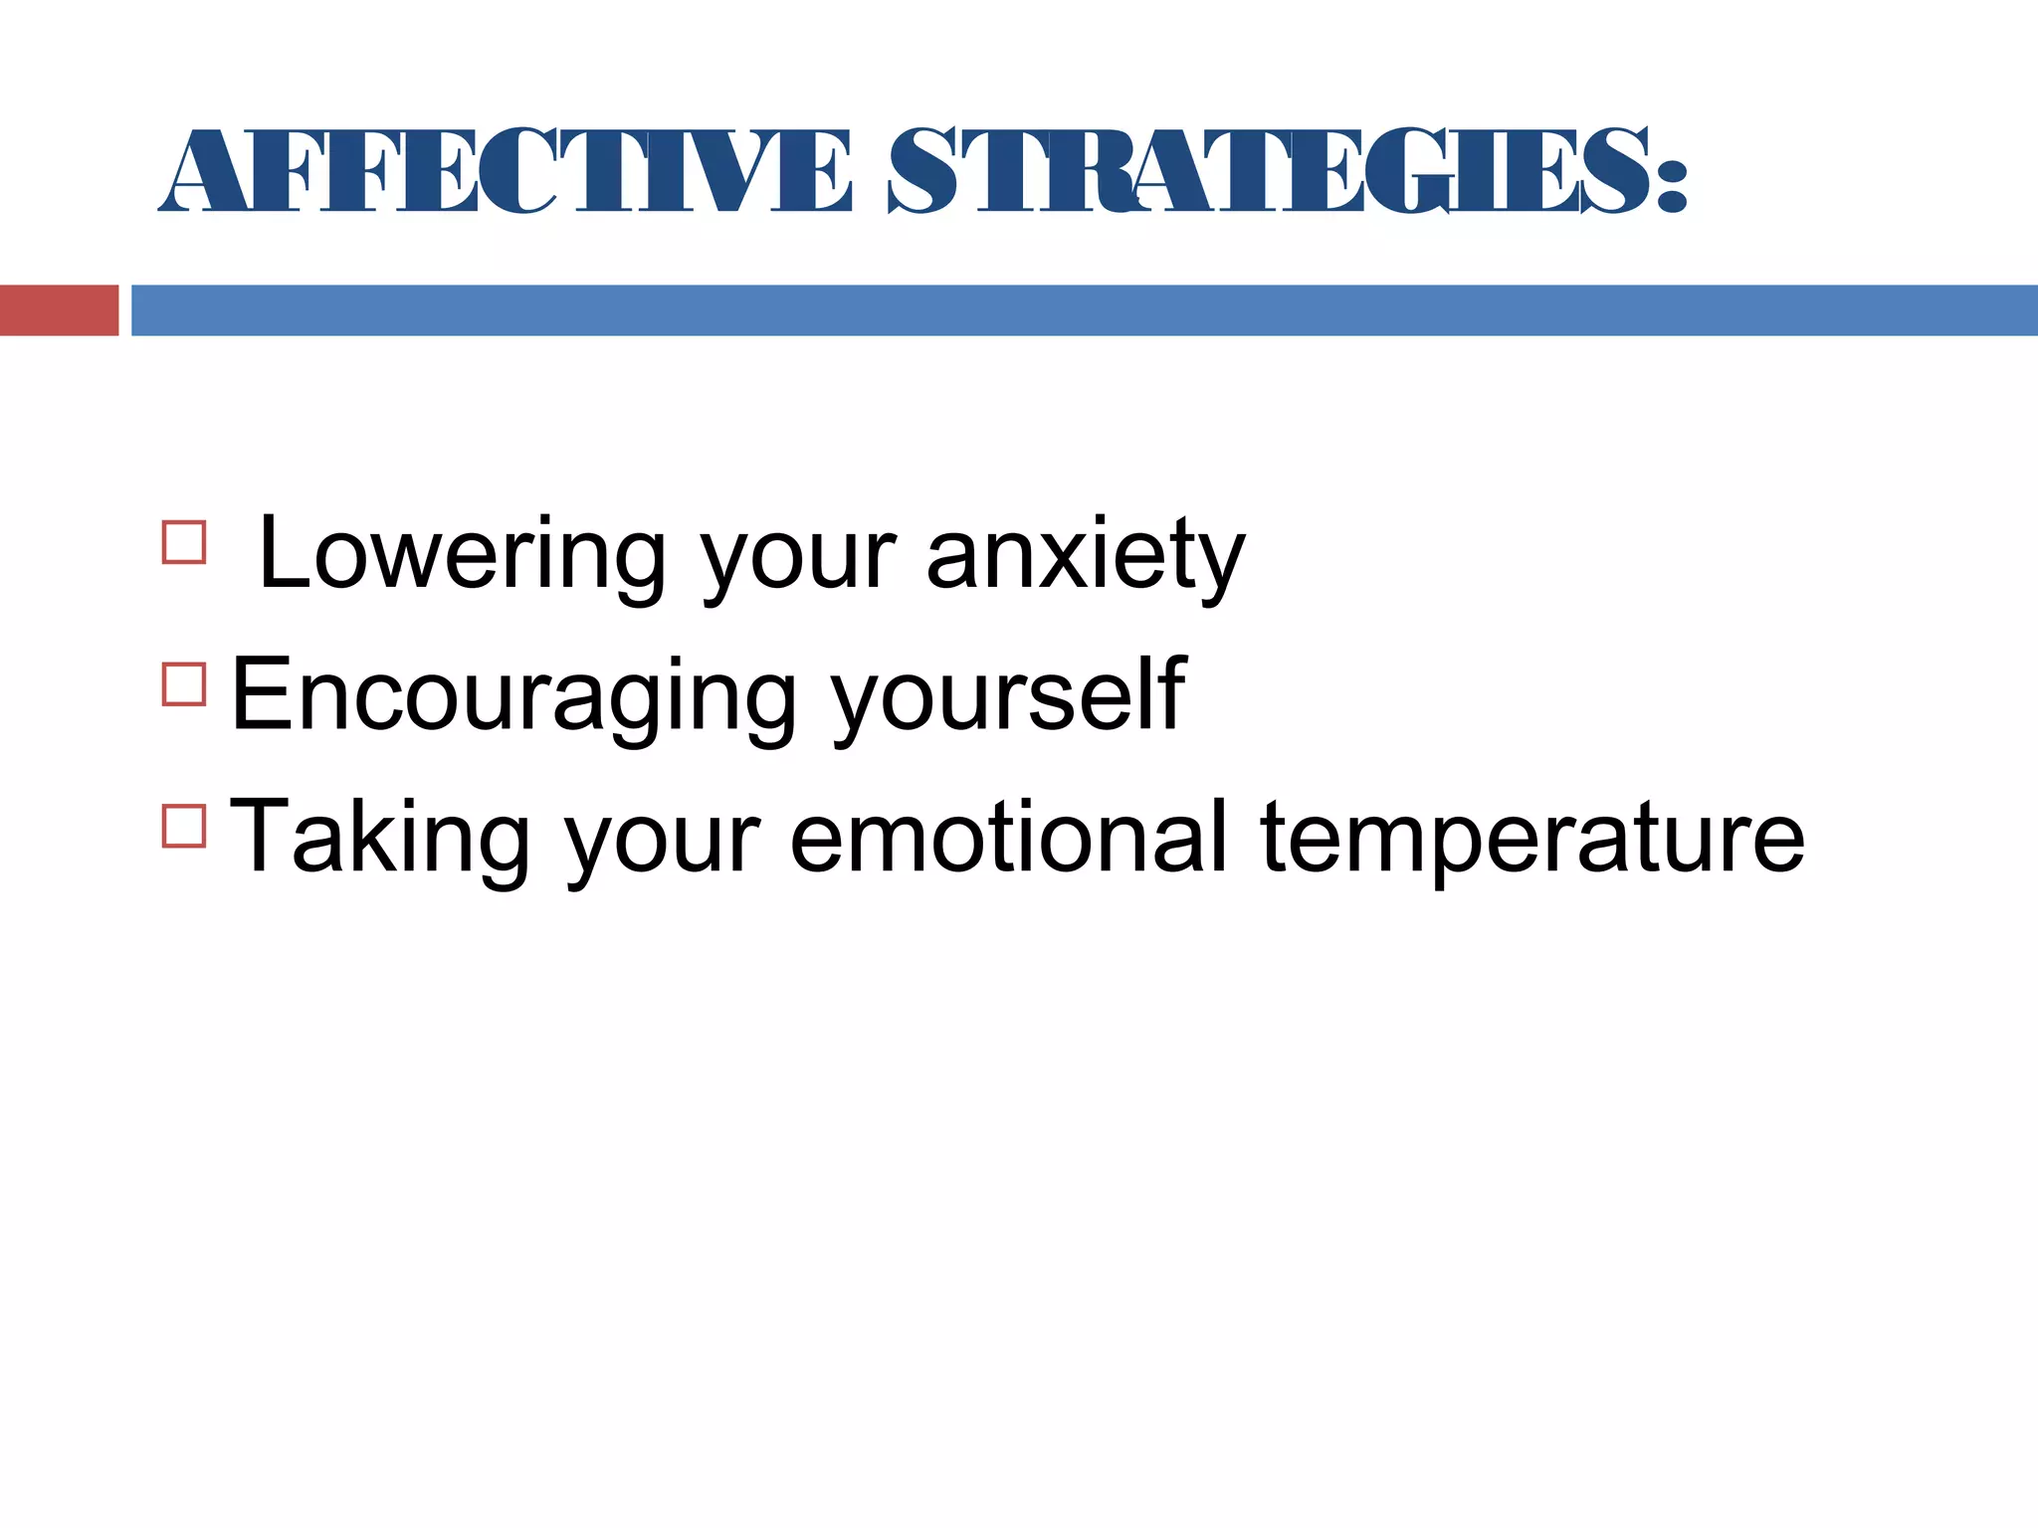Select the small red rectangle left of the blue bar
pyautogui.click(x=59, y=310)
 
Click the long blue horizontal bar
pyautogui.click(x=1085, y=310)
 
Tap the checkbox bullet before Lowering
pyautogui.click(x=184, y=543)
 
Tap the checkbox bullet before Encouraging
pyautogui.click(x=184, y=684)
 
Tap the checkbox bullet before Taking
pyautogui.click(x=184, y=826)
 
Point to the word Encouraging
pyautogui.click(x=513, y=696)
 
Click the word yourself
pyautogui.click(x=1008, y=696)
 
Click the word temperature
pyautogui.click(x=1532, y=838)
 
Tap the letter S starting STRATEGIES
pyautogui.click(x=925, y=171)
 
